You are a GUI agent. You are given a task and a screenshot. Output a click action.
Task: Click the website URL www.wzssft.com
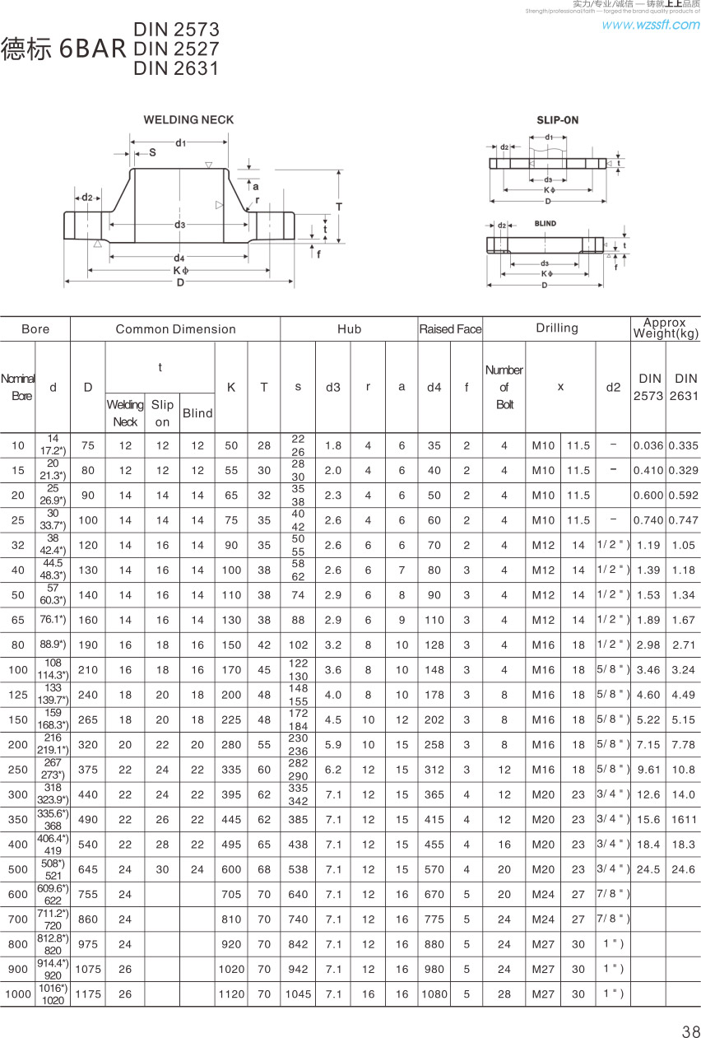(650, 25)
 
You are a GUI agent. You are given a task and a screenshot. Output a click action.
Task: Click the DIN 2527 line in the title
(176, 49)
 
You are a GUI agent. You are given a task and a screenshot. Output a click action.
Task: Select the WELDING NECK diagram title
(188, 119)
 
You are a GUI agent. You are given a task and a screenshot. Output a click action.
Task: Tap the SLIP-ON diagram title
(557, 120)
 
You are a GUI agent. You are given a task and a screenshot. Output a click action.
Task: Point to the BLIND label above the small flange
(545, 223)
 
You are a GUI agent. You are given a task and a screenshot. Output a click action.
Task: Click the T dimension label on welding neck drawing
(338, 207)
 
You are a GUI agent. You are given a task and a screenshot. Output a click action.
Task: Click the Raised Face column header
(450, 329)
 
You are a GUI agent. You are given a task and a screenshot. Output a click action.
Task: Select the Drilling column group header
(557, 328)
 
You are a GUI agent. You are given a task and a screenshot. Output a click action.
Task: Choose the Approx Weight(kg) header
(666, 328)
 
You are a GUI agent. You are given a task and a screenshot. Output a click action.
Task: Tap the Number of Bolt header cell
(504, 387)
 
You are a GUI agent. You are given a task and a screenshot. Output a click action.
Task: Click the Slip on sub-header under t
(162, 412)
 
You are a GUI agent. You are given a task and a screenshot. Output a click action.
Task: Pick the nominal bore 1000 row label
(18, 994)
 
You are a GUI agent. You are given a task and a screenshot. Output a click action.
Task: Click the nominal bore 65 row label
(18, 620)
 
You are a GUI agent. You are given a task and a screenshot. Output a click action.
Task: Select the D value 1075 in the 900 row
(88, 969)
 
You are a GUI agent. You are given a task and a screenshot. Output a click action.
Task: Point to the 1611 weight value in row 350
(683, 819)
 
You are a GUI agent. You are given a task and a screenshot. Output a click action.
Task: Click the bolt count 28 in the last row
(504, 994)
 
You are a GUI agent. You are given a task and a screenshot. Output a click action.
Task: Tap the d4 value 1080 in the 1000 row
(434, 994)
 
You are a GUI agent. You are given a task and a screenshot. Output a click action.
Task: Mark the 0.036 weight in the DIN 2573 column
(648, 445)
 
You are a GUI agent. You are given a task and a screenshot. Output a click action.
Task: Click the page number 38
(690, 1031)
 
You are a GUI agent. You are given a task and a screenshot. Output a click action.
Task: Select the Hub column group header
(349, 329)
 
